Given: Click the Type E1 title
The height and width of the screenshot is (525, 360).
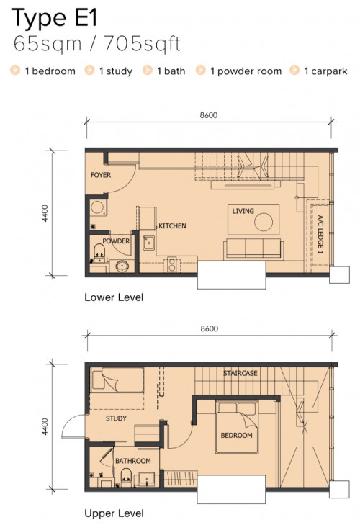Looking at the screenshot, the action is (x=54, y=18).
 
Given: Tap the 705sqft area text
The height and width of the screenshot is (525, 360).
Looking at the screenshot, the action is (x=143, y=43).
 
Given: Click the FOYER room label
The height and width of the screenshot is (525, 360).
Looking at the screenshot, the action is (x=101, y=175).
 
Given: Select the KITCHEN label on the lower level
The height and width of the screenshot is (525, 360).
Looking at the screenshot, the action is (x=172, y=226).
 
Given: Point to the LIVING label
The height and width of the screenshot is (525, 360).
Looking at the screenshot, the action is (x=243, y=211).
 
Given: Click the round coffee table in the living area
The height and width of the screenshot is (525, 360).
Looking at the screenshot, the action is (x=264, y=222).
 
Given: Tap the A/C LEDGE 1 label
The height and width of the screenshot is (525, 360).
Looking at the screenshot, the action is (x=320, y=234).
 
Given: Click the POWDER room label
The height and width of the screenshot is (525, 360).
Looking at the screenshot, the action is (x=116, y=241).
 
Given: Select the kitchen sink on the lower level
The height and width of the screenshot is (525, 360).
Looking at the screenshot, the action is (x=149, y=243).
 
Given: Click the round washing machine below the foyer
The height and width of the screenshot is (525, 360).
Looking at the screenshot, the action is (x=97, y=207).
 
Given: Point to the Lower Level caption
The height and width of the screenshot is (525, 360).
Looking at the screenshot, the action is (x=114, y=297).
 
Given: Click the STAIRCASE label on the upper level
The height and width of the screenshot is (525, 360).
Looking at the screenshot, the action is (x=240, y=373).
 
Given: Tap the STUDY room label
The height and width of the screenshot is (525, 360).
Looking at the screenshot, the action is (x=116, y=418).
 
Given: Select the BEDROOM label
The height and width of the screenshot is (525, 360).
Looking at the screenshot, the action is (x=236, y=435).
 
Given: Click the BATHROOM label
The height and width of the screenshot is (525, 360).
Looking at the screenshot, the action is (x=133, y=461).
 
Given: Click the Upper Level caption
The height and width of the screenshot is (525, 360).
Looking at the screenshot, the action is (x=114, y=513).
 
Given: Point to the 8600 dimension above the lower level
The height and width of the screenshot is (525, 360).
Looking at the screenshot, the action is (x=209, y=115).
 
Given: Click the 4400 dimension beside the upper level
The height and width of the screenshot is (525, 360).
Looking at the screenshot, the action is (x=45, y=426).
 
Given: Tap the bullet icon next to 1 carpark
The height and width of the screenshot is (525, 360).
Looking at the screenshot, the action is (x=294, y=70).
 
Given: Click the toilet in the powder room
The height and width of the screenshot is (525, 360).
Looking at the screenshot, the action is (x=99, y=253).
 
